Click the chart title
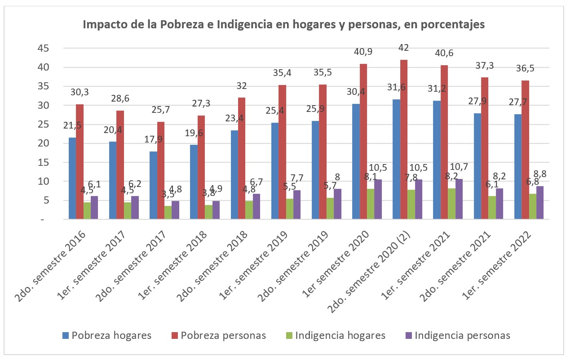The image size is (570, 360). point(284,25)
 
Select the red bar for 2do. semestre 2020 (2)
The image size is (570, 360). point(404,139)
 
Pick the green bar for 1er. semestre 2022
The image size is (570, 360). point(533,206)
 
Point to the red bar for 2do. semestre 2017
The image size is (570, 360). point(161,170)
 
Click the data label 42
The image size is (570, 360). point(404,48)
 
